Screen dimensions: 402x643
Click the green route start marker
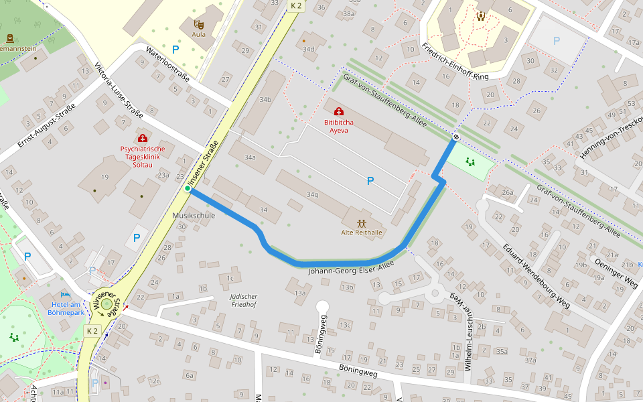tap(188, 189)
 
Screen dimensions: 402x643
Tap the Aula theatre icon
tap(199, 24)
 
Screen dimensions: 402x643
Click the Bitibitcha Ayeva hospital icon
tap(339, 111)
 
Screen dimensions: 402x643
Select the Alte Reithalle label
tap(362, 232)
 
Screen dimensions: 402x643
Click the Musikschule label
tap(194, 216)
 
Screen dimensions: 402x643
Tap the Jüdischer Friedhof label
tap(243, 299)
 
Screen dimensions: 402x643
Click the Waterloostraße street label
tap(168, 65)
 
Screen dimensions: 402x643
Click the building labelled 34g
tap(312, 194)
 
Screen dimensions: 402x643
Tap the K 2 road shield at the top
tap(295, 5)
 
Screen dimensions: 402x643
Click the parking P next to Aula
tap(175, 49)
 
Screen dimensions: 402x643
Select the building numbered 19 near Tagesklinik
tap(105, 177)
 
